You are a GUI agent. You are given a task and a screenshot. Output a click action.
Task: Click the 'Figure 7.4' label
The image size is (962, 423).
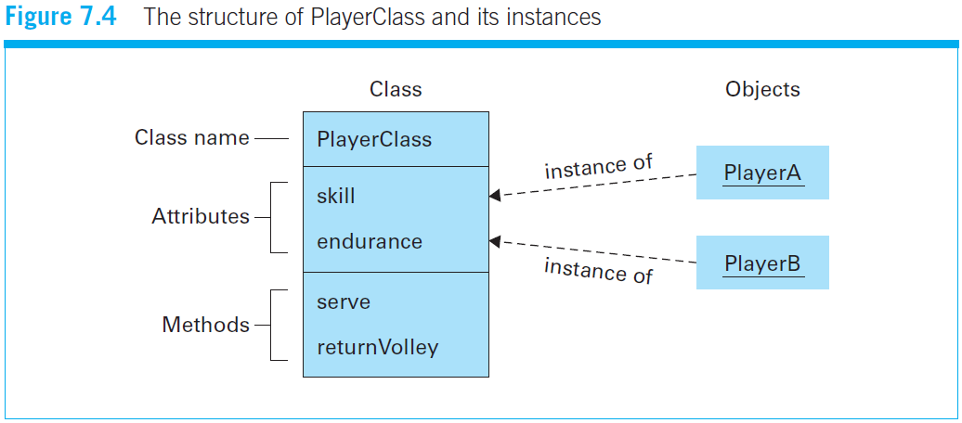coord(61,18)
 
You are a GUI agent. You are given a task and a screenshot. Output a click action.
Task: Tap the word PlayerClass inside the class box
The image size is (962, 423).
coord(374,139)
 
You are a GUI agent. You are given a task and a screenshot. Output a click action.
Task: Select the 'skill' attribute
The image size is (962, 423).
coord(335,196)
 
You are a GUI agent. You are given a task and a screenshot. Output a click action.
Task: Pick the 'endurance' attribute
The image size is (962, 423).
coord(369,241)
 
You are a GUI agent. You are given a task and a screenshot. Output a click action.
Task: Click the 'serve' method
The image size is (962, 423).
coord(343,301)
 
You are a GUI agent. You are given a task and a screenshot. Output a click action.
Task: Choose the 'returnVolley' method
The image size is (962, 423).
coord(377,348)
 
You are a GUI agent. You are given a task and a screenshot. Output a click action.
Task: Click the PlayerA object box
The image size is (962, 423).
coord(762,173)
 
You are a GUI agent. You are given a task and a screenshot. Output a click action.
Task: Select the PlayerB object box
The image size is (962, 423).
coord(762,263)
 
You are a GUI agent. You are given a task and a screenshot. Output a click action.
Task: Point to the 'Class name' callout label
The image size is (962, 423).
coord(191,138)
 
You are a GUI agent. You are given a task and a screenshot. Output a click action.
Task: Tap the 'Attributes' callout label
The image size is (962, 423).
coord(201,217)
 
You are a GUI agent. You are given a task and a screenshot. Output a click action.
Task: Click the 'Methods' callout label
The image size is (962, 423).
coord(205,325)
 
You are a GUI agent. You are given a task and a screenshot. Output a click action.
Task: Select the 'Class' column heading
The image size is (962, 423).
coord(396,89)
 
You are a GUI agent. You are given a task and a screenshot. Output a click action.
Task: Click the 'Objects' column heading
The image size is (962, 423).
coord(762,89)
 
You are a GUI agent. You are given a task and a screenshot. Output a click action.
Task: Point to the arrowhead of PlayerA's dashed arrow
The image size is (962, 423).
coord(495,195)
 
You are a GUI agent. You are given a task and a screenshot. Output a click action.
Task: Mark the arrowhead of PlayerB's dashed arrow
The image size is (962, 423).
coord(495,241)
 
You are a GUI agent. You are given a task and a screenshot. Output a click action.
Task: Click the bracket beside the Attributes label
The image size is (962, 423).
coord(272,217)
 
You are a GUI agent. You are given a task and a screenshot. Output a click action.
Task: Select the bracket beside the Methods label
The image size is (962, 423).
coord(272,325)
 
